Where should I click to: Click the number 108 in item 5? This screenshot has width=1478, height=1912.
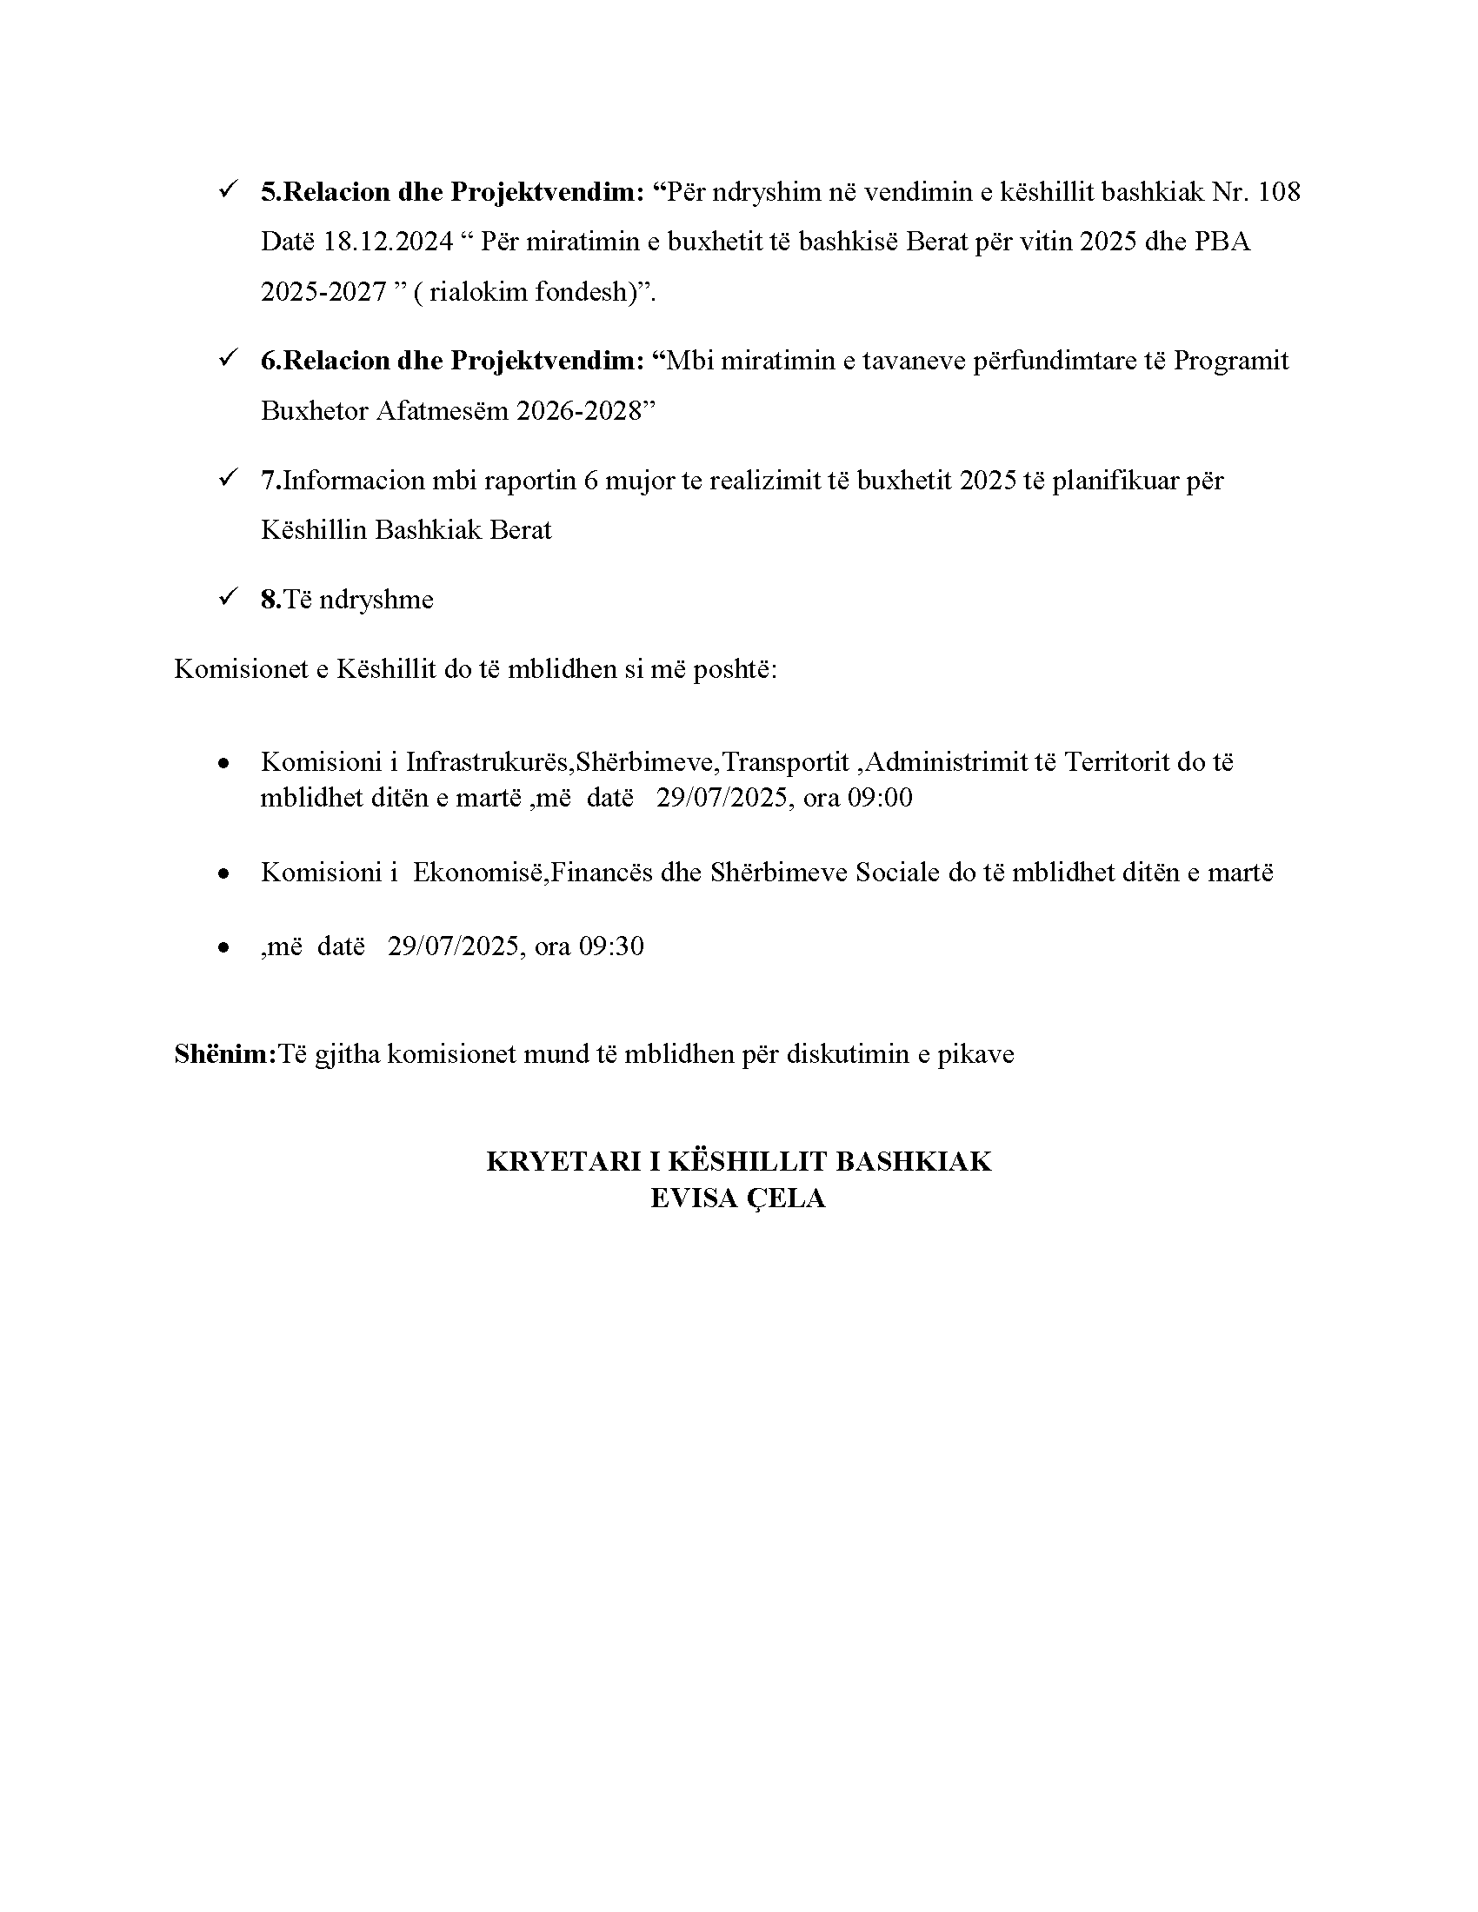point(1278,192)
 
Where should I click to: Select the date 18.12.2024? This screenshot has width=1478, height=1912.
point(389,242)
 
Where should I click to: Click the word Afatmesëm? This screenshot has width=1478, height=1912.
point(443,410)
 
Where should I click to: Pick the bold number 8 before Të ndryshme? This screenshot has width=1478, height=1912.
point(269,600)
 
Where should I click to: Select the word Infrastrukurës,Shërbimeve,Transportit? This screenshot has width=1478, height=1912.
point(627,761)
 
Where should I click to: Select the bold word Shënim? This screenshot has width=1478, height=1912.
point(224,1053)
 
